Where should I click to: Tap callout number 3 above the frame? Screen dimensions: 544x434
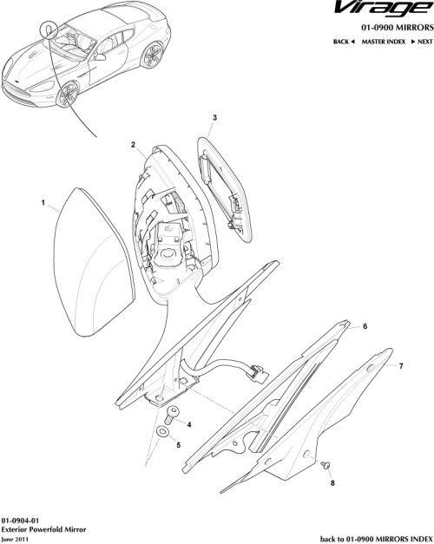tap(215, 116)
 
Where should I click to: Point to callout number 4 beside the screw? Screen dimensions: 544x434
tap(189, 425)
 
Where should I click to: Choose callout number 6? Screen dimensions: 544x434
tap(365, 326)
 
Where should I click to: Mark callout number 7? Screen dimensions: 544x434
tap(400, 367)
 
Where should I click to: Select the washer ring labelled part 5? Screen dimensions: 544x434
tap(162, 430)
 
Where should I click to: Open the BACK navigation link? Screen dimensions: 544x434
tap(344, 42)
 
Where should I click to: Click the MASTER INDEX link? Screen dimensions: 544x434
tap(385, 42)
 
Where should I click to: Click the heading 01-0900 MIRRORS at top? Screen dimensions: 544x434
tap(386, 28)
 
